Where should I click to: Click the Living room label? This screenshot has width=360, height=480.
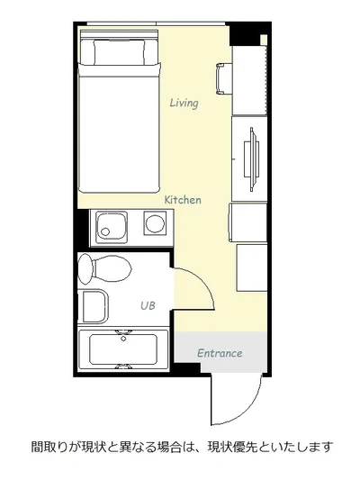point(184,103)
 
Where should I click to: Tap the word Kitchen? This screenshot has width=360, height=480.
point(183,200)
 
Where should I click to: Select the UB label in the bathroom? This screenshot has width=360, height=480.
point(148,305)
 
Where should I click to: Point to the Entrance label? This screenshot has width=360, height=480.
point(220,353)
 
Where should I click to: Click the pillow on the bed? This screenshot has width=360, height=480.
point(120,51)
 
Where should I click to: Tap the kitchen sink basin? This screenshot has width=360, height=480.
point(112,227)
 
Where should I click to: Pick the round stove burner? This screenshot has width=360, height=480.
point(155,223)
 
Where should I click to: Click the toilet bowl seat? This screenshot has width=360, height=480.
point(112,268)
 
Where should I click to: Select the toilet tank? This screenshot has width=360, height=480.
point(85,268)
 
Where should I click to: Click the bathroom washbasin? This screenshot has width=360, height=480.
point(93,307)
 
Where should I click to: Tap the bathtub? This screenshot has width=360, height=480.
point(123,349)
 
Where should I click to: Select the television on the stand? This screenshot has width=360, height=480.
point(252,159)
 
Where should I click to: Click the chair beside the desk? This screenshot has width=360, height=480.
point(223,78)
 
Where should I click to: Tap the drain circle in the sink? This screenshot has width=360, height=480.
point(105,231)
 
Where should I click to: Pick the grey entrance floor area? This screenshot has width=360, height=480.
point(220,352)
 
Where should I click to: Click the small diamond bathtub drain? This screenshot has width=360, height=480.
point(123,339)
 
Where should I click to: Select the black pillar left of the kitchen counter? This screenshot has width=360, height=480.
point(83,228)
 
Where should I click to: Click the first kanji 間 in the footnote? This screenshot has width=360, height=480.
point(37,448)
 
